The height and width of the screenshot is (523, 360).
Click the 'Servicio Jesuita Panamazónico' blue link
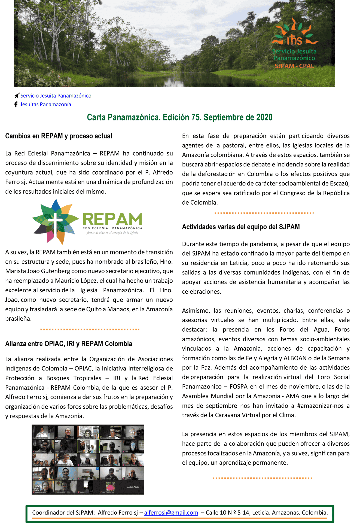coord(56,96)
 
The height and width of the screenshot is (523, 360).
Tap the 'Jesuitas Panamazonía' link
coord(45,104)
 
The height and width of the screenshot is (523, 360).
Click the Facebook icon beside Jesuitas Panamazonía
coord(16,104)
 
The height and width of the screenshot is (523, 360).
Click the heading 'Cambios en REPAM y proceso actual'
coord(59,136)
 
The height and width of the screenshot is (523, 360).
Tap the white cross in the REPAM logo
coord(55,221)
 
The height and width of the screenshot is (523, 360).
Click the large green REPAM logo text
coord(112,219)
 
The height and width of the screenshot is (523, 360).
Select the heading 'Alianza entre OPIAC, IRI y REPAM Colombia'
coord(69,344)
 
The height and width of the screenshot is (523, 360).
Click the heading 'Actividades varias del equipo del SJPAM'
coord(241,227)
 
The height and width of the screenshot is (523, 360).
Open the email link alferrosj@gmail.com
coord(171,513)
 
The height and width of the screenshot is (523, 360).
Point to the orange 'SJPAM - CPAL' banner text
coord(294,66)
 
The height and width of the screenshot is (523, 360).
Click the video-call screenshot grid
coord(88,460)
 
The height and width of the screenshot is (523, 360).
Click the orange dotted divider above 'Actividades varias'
coord(264,213)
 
